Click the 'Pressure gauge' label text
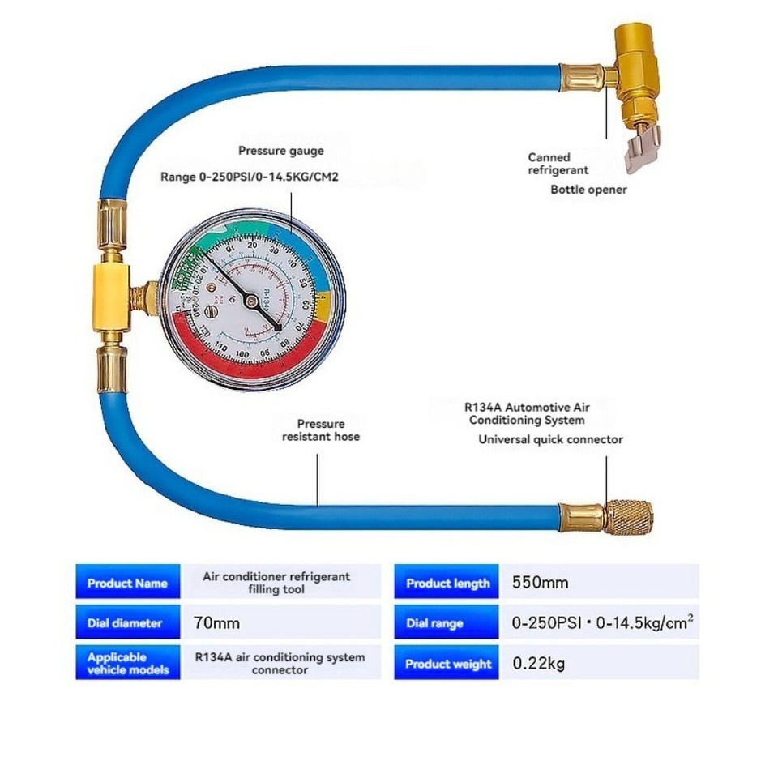click(x=280, y=151)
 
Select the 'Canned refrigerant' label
click(x=558, y=164)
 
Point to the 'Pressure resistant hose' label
click(x=321, y=430)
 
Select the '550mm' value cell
click(x=541, y=583)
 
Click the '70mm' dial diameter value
click(x=217, y=623)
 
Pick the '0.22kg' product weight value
click(x=539, y=664)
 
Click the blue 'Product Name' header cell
click(x=127, y=583)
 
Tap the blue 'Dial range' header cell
click(x=434, y=623)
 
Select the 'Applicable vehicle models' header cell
click(x=127, y=663)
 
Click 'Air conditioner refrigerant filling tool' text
click(x=276, y=583)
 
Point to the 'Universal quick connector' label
click(x=550, y=439)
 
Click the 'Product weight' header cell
click(x=448, y=664)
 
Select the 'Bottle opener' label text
click(x=588, y=190)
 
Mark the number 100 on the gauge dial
click(x=242, y=354)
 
